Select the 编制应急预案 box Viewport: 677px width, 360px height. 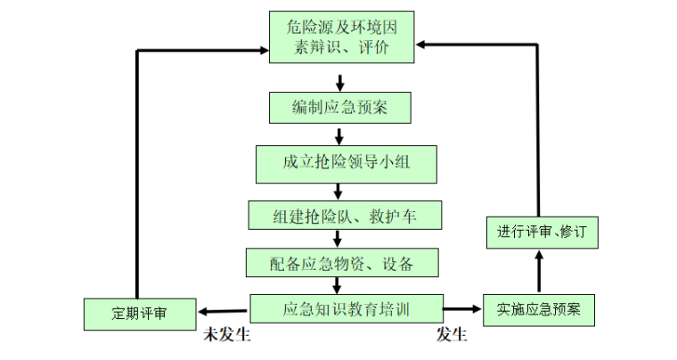pyautogui.click(x=339, y=108)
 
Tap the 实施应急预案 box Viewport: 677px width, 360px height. pyautogui.click(x=538, y=310)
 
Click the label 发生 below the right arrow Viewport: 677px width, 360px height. pyautogui.click(x=452, y=335)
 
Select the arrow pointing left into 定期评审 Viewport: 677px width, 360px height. pyautogui.click(x=223, y=311)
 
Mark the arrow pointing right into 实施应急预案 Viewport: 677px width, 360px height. pyautogui.click(x=461, y=309)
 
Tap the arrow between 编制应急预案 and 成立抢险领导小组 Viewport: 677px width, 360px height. pyautogui.click(x=339, y=135)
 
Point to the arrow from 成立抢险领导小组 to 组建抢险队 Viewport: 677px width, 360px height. pyautogui.click(x=339, y=189)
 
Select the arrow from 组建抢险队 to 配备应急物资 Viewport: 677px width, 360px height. pyautogui.click(x=338, y=238)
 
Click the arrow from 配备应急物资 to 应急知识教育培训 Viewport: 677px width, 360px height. pyautogui.click(x=338, y=284)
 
